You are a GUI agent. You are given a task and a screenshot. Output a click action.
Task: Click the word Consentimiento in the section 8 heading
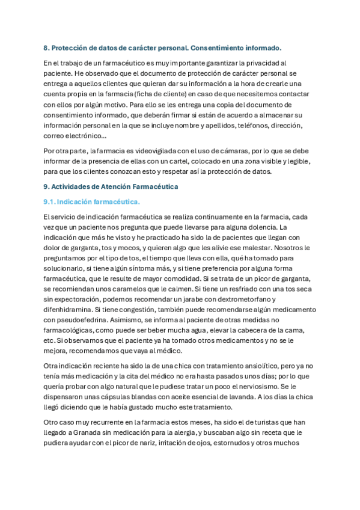[x=215, y=48]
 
